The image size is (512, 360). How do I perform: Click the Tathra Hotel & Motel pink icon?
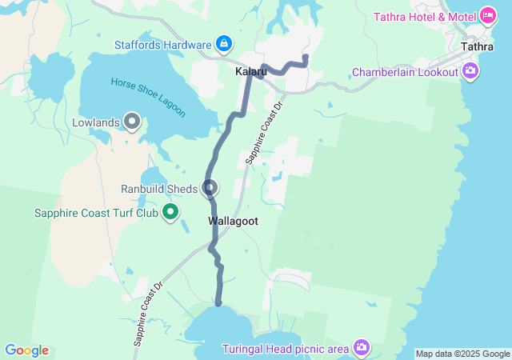(x=487, y=16)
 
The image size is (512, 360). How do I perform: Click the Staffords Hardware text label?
(x=163, y=44)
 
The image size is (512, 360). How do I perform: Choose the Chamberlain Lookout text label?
(x=406, y=73)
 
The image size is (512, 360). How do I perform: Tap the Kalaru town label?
(x=250, y=72)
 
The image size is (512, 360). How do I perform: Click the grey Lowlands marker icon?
(x=132, y=123)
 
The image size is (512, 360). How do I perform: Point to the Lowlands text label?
(x=96, y=123)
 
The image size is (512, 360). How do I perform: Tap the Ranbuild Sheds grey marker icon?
(x=210, y=189)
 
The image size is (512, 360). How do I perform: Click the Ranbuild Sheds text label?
(x=159, y=189)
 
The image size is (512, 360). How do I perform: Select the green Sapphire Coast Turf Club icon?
(x=170, y=213)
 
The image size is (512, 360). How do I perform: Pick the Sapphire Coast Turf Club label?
(x=96, y=213)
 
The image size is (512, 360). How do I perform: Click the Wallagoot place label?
(x=233, y=221)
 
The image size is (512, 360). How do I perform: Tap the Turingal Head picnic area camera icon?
(x=362, y=346)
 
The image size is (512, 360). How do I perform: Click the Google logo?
(x=26, y=350)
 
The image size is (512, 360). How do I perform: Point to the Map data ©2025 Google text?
(x=462, y=354)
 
